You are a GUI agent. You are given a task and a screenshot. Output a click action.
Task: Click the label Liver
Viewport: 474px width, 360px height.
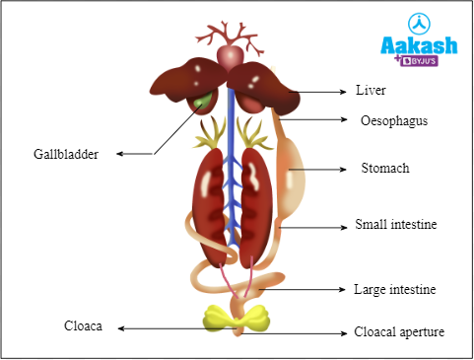372,91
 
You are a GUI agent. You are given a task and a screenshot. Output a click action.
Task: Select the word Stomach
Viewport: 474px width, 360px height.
384,169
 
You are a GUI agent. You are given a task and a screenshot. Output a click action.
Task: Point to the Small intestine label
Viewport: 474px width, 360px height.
395,225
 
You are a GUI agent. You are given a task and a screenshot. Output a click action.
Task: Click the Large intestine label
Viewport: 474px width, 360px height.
394,290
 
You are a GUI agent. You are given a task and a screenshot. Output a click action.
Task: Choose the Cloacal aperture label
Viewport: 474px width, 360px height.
399,331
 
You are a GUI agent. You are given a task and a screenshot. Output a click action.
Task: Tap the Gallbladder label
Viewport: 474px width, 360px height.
65,154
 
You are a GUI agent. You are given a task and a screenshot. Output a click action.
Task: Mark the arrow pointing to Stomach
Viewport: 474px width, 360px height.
330,169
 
